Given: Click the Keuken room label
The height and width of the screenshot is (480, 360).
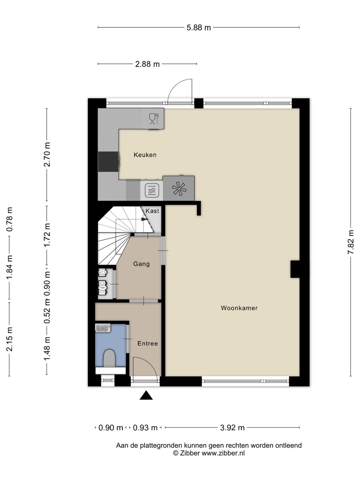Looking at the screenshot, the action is tap(145, 155).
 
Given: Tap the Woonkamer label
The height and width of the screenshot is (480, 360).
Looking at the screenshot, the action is tap(239, 308).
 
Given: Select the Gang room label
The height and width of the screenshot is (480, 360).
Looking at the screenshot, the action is tap(141, 264).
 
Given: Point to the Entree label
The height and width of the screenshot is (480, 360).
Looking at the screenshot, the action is tap(148, 344).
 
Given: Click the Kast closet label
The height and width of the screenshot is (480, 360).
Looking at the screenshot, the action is tap(152, 211).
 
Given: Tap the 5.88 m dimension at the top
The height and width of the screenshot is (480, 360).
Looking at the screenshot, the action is tap(199, 28).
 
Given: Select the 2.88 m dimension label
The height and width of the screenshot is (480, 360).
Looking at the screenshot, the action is tap(147, 64).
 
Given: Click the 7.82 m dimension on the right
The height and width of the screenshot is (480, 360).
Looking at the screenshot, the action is tap(351, 242).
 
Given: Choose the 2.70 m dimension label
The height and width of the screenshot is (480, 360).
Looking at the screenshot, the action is tap(47, 155).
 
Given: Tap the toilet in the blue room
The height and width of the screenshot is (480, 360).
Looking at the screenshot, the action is tap(109, 358).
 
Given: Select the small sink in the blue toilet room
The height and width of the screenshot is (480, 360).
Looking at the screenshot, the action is tap(103, 328).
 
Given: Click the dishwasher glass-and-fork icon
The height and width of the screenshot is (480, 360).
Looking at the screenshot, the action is tap(154, 119).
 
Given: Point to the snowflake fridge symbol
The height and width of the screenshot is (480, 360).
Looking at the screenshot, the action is tap(179, 189).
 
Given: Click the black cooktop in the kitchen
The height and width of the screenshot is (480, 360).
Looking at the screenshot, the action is tap(108, 162).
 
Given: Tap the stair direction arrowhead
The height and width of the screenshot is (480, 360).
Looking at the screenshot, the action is tap(144, 219).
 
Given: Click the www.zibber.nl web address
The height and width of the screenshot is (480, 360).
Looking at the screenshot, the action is tap(223, 453).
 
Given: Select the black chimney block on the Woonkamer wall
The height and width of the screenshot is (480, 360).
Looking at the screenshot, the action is tap(295, 269).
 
